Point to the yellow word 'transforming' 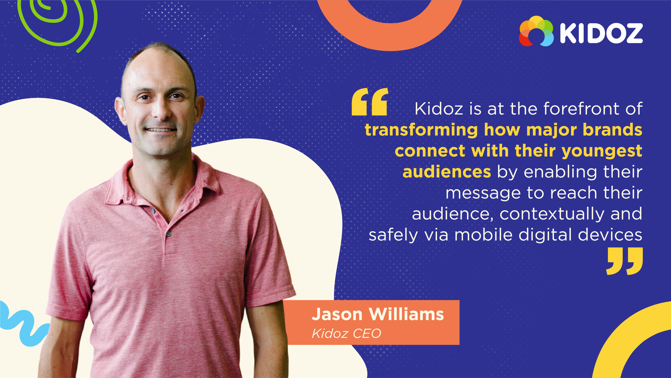421,130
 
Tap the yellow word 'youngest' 602,151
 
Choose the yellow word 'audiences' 447,172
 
